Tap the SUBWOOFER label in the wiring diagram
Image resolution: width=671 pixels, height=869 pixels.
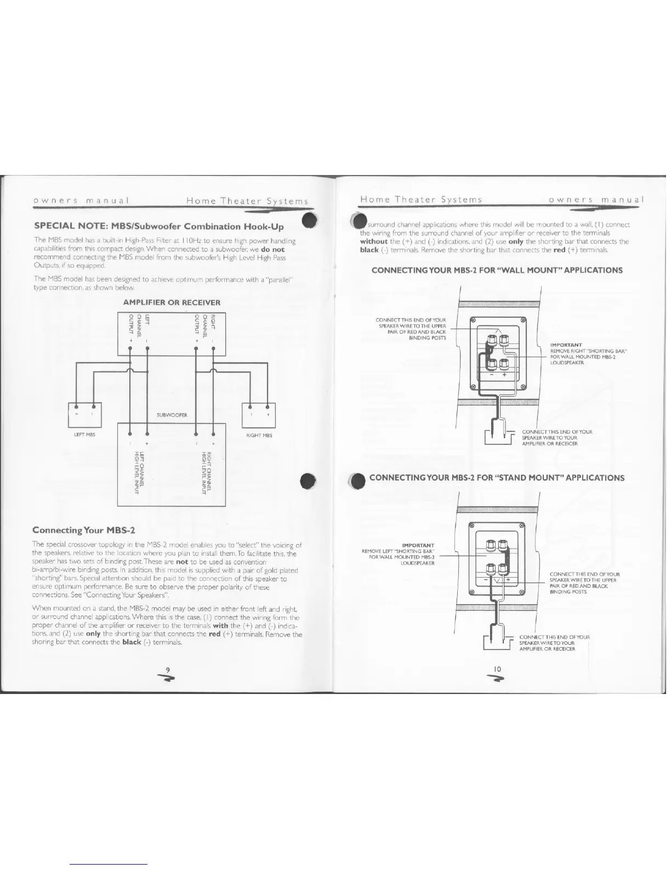point(172,415)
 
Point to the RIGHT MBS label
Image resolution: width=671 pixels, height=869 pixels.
point(259,435)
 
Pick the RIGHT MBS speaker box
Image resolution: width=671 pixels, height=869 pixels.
point(258,415)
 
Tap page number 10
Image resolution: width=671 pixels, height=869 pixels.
point(497,669)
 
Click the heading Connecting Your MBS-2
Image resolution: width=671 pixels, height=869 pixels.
point(83,530)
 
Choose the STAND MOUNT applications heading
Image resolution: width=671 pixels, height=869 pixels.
point(497,477)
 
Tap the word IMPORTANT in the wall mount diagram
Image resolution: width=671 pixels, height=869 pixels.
point(562,345)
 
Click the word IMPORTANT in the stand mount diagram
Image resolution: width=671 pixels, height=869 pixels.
point(418,545)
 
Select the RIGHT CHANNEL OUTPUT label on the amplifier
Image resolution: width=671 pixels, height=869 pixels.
point(206,325)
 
